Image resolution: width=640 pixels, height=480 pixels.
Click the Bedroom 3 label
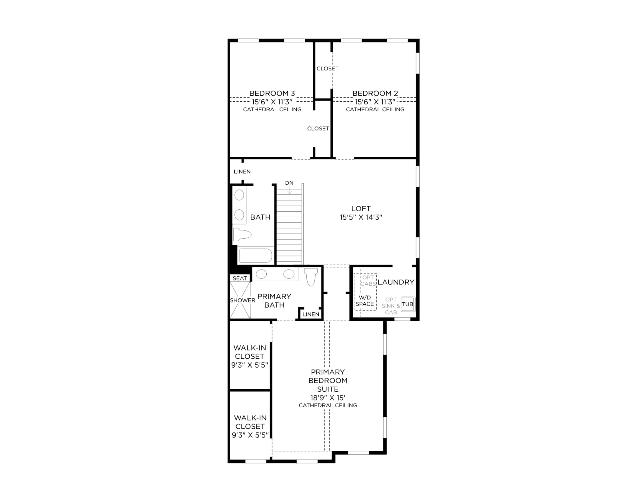pos(272,93)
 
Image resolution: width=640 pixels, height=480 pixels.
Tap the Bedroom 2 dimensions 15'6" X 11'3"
pos(375,102)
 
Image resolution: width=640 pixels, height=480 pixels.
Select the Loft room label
pos(361,209)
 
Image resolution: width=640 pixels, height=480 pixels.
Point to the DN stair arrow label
pos(289,183)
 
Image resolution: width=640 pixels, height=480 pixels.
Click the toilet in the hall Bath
pos(242,234)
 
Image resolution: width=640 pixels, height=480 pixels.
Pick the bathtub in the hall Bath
pos(256,256)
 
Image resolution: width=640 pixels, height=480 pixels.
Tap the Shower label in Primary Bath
pos(242,300)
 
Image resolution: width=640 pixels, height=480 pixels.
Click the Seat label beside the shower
pos(240,278)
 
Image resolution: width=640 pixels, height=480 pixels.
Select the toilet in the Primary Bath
pos(310,277)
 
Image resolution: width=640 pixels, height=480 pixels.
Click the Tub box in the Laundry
pos(408,304)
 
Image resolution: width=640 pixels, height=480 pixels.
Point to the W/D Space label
pos(365,301)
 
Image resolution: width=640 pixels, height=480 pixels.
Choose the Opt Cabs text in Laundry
pos(368,281)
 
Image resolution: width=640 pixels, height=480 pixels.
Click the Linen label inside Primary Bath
pos(311,314)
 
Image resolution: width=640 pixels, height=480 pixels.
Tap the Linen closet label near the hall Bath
pos(242,171)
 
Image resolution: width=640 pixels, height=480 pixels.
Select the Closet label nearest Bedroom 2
pos(328,68)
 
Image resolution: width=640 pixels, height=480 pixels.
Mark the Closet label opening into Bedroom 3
pos(318,128)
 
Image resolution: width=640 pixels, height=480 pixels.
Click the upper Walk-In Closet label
pos(250,352)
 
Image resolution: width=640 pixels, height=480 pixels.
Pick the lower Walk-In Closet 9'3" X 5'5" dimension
pos(250,435)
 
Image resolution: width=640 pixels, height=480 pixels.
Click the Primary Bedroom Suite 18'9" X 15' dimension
pos(328,398)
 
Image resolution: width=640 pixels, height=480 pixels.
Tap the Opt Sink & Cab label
pos(391,306)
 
